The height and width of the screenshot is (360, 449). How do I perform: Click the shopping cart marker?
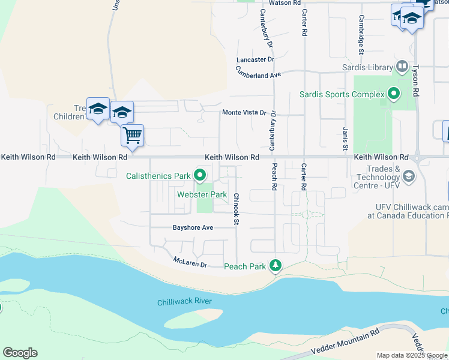(x=132, y=135)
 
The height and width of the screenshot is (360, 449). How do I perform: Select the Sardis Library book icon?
(x=402, y=66)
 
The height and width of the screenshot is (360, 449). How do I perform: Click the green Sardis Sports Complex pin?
(x=394, y=94)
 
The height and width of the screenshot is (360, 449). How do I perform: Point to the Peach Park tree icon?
(x=276, y=266)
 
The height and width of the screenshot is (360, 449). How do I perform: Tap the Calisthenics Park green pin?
(x=200, y=176)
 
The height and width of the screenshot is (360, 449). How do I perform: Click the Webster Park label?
(x=202, y=194)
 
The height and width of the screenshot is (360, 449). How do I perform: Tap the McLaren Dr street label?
(x=190, y=262)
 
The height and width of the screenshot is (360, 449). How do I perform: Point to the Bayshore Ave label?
(x=193, y=228)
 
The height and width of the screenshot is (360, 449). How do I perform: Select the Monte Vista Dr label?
(x=244, y=112)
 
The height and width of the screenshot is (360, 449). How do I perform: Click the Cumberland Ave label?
(x=258, y=73)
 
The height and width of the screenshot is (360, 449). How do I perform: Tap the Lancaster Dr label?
(x=255, y=59)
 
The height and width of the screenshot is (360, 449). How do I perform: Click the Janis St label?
(x=345, y=139)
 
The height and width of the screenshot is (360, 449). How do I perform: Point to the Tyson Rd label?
(x=415, y=79)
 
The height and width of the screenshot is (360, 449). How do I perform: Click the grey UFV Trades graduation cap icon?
(x=409, y=176)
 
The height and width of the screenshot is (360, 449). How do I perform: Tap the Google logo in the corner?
(x=20, y=353)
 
